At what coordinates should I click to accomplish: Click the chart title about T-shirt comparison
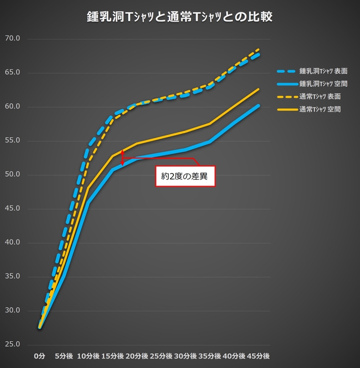(x=179, y=17)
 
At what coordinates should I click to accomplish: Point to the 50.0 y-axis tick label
(x=12, y=175)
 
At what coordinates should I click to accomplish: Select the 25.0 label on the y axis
(x=12, y=344)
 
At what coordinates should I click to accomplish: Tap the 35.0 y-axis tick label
(x=12, y=277)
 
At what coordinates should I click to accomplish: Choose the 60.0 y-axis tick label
(x=12, y=107)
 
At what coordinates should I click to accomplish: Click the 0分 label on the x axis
(x=40, y=356)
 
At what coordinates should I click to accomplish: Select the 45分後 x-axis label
(x=259, y=356)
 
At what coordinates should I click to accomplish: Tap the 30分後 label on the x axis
(x=186, y=356)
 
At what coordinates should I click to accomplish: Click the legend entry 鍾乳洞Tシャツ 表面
(x=323, y=70)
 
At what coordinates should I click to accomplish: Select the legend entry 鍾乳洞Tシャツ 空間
(x=323, y=84)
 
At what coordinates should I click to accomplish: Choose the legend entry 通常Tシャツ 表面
(x=320, y=97)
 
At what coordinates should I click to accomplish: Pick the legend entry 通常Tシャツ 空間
(x=320, y=110)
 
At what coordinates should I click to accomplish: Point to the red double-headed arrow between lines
(x=122, y=158)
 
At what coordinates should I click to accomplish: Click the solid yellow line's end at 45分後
(x=259, y=89)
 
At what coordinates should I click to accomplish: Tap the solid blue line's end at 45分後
(x=259, y=105)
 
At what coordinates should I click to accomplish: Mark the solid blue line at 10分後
(x=88, y=202)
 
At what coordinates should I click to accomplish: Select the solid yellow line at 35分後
(x=210, y=124)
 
